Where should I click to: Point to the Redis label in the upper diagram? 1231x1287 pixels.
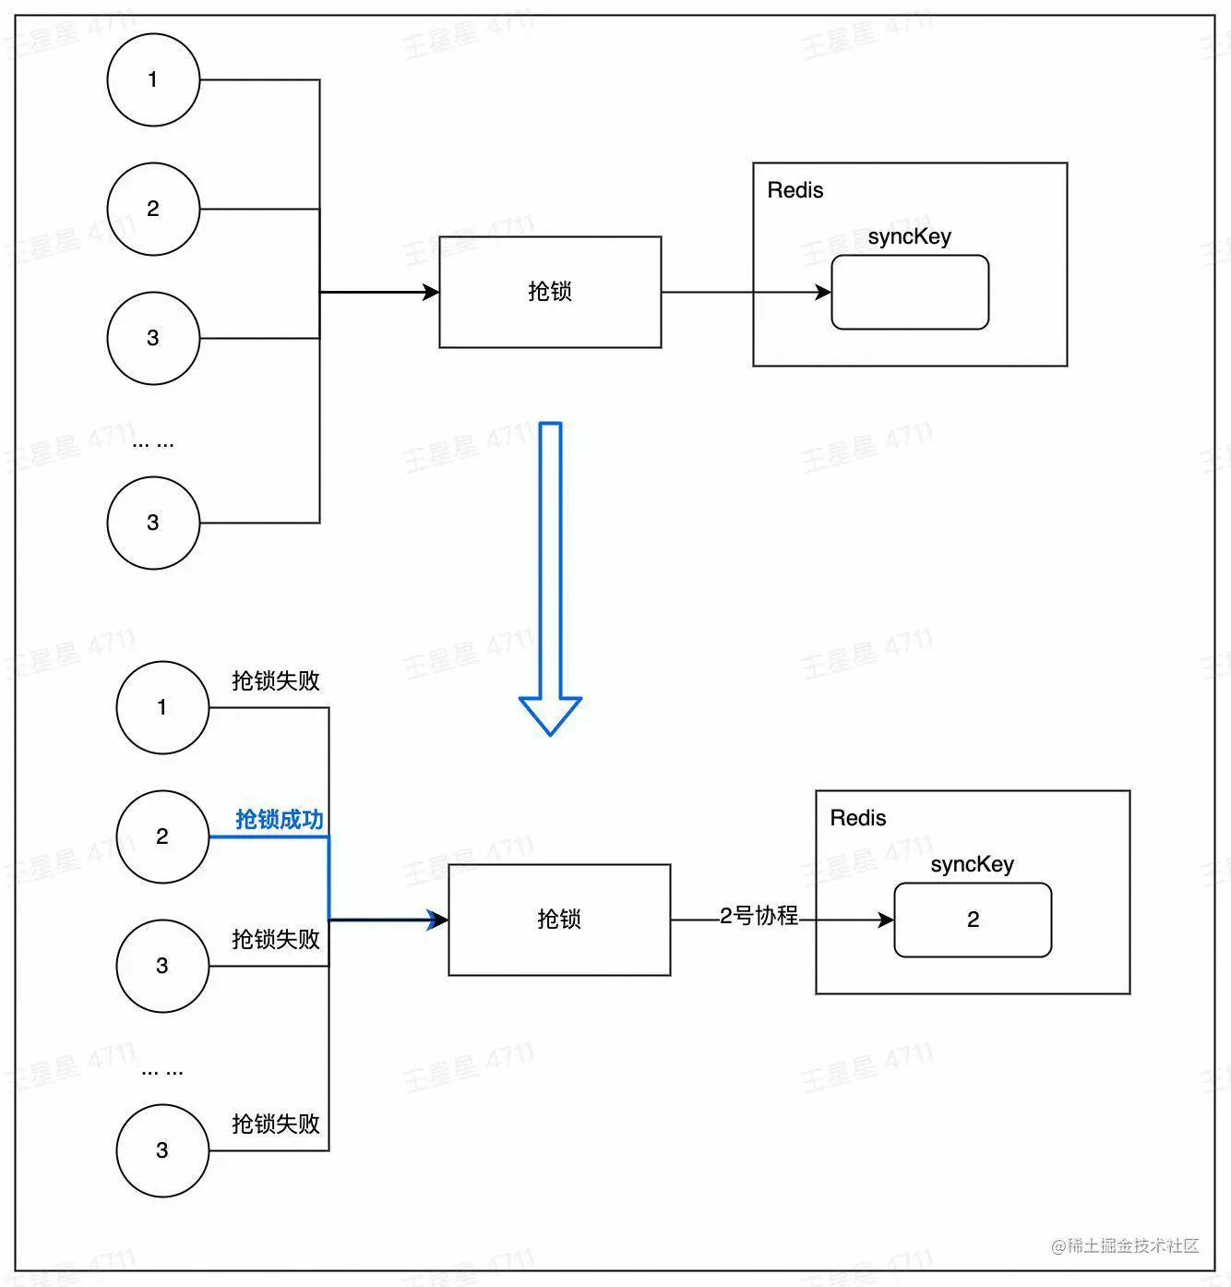[x=795, y=190]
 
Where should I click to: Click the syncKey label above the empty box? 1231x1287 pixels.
[x=909, y=236]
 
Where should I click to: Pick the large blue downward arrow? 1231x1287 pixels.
[x=550, y=579]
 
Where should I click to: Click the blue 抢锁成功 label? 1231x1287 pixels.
[x=280, y=820]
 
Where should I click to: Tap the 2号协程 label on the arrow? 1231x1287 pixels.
[x=759, y=916]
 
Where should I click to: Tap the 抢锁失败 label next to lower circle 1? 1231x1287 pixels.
[x=276, y=680]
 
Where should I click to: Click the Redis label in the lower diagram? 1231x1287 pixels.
[x=857, y=818]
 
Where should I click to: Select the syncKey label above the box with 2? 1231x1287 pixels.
[x=972, y=864]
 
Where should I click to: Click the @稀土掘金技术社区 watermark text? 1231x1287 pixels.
[x=1125, y=1246]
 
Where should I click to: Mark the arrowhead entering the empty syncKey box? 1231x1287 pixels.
[x=823, y=293]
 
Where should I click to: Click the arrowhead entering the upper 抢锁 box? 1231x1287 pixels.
[x=431, y=292]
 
